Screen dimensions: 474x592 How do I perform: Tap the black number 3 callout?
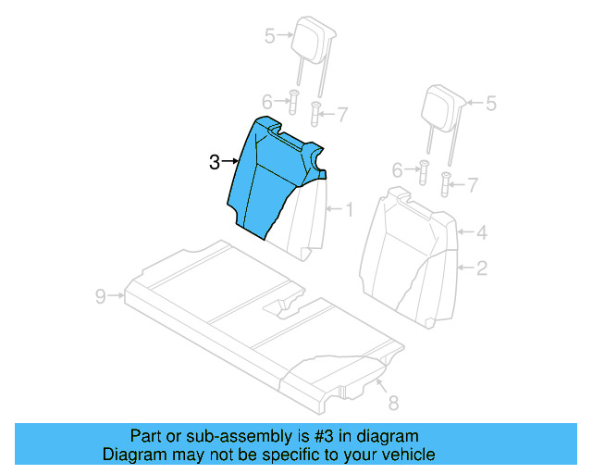pyautogui.click(x=214, y=163)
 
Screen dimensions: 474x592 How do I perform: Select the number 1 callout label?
pyautogui.click(x=349, y=209)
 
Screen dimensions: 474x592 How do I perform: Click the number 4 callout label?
pyautogui.click(x=481, y=234)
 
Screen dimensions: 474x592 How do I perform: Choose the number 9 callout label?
pyautogui.click(x=100, y=296)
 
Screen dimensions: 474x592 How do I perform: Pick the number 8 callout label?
pyautogui.click(x=392, y=403)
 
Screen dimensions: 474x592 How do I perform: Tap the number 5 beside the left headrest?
pyautogui.click(x=269, y=36)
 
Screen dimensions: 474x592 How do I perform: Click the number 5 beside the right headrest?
pyautogui.click(x=491, y=103)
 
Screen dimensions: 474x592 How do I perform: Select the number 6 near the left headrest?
pyautogui.click(x=266, y=101)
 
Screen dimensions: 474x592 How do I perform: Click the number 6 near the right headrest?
pyautogui.click(x=398, y=170)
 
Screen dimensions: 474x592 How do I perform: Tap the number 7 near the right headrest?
pyautogui.click(x=473, y=185)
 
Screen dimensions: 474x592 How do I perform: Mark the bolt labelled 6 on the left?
pyautogui.click(x=292, y=103)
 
